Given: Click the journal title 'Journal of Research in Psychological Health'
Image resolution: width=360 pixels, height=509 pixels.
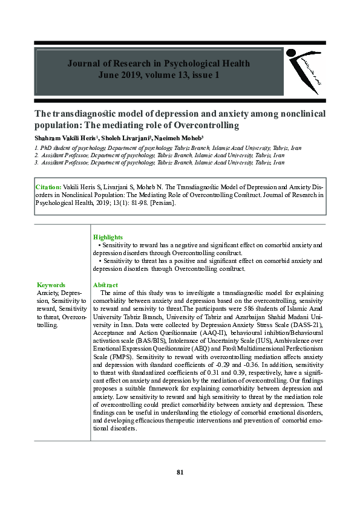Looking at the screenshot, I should point(159,63).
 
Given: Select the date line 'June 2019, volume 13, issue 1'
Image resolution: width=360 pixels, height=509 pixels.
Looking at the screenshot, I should point(159,75).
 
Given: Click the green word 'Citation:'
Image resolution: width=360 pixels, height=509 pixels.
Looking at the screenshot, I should point(48,187).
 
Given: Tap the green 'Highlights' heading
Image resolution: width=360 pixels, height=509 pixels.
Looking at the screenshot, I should point(108,238).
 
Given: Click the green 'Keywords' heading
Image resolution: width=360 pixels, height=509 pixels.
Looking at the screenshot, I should point(51,285).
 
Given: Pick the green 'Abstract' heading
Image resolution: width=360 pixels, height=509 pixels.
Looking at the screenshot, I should point(105,285).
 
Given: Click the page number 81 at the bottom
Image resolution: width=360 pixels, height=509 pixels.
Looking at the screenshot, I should point(180,472).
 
